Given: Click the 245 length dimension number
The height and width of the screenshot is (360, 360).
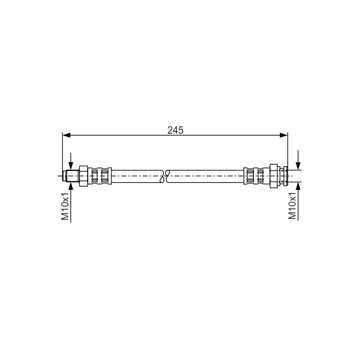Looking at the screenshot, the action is [175, 130].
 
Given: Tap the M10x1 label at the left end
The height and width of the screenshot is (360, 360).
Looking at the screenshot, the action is [65, 206].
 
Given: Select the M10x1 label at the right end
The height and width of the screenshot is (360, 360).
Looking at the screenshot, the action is [292, 206].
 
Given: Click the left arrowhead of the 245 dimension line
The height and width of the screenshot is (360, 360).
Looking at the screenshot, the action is [66, 135].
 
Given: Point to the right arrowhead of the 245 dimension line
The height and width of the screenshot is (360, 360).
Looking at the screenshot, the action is [284, 135].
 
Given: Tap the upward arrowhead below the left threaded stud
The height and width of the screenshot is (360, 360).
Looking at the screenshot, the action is [71, 186].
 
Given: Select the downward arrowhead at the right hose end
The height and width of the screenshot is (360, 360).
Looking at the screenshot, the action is [298, 166].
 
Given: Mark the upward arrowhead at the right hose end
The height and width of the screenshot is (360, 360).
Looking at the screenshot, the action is [298, 186].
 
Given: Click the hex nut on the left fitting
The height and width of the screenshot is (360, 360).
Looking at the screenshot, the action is [84, 176].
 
